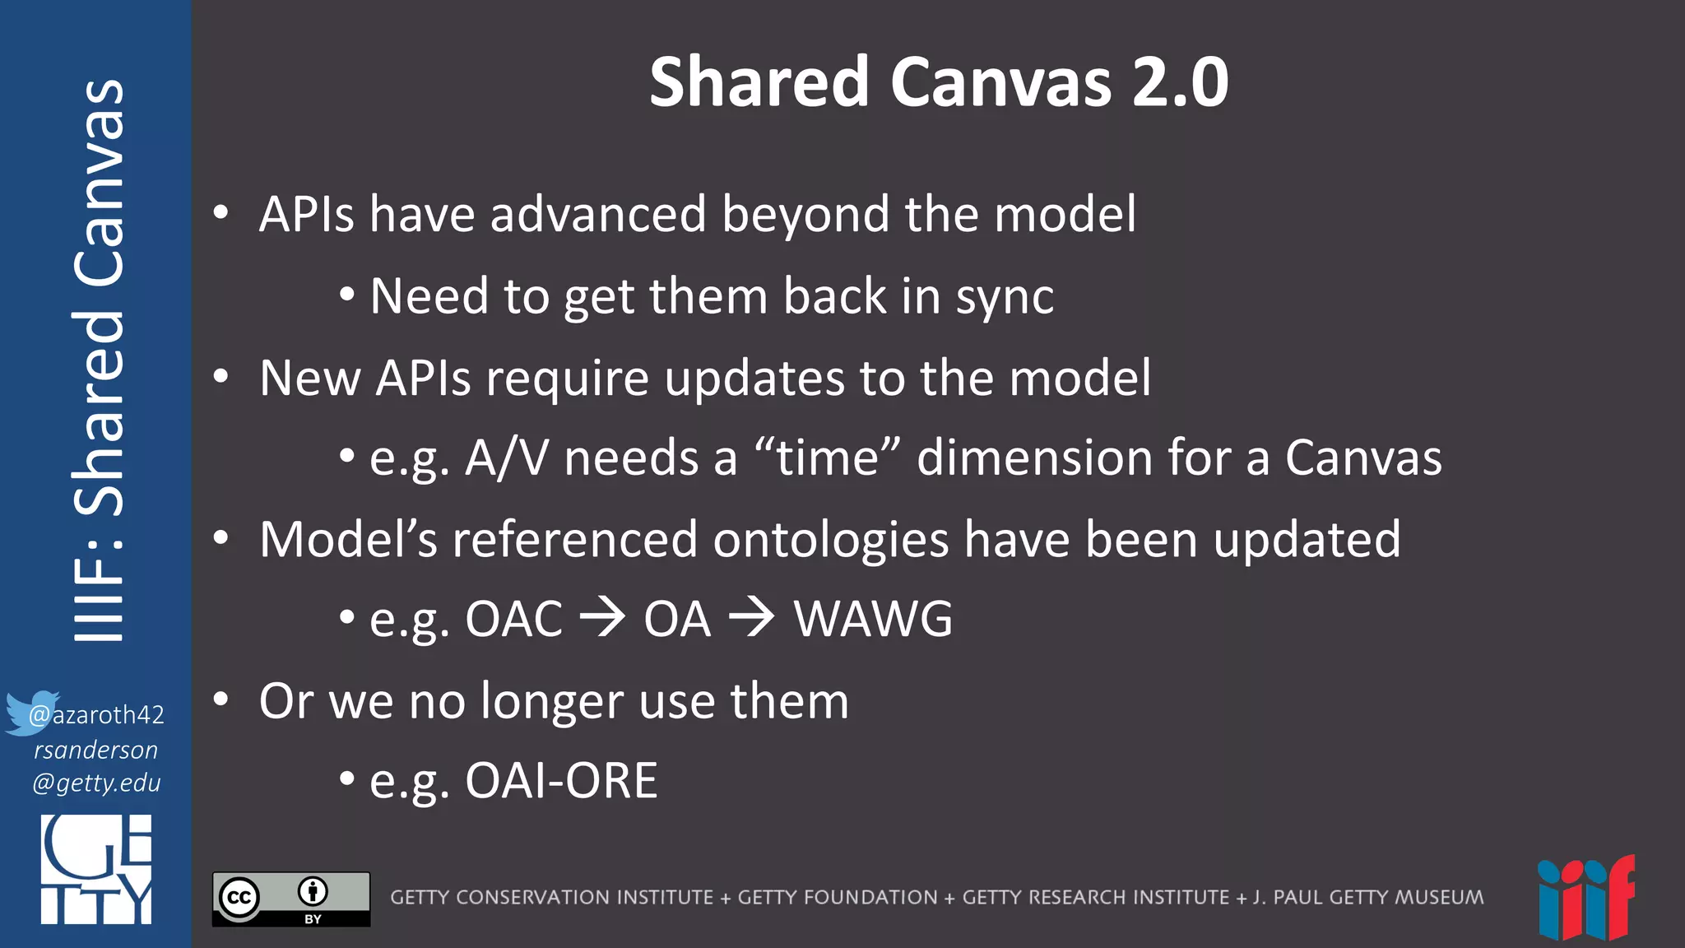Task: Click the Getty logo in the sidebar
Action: point(96,869)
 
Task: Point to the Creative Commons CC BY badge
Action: point(291,899)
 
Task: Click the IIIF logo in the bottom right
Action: point(1585,899)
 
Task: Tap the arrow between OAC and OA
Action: point(602,618)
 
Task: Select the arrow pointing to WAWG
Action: point(751,618)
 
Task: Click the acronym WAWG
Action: point(873,619)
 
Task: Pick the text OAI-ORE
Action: point(561,780)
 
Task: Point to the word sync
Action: point(1005,296)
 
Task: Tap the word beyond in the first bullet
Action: point(805,215)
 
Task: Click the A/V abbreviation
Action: point(507,458)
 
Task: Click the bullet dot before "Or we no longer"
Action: point(220,699)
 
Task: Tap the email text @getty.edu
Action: point(96,783)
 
